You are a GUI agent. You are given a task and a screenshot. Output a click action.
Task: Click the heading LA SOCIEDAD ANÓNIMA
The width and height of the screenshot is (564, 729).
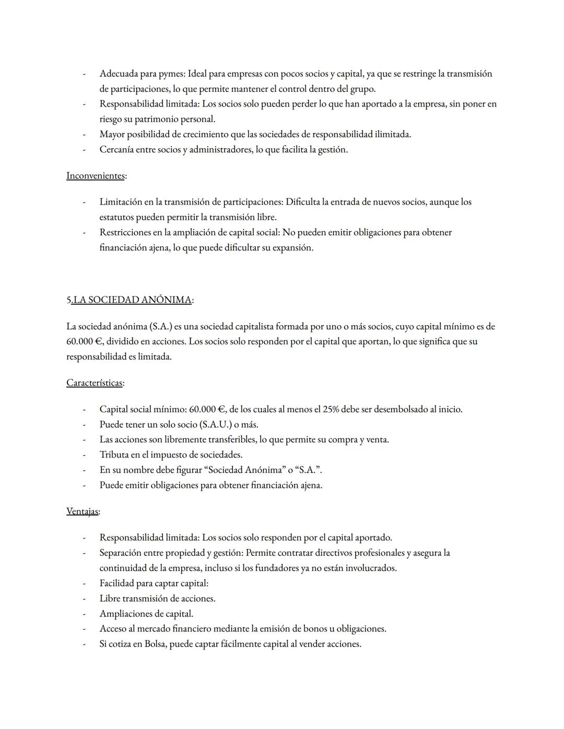coord(132,300)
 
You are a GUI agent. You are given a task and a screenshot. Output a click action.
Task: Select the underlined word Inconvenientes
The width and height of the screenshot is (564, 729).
coord(95,176)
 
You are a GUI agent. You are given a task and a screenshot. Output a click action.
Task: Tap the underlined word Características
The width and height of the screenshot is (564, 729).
coord(94,383)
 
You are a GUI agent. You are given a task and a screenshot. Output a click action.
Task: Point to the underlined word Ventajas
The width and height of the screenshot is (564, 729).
coord(82,511)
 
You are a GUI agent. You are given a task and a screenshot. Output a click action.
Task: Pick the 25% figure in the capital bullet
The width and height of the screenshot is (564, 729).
coord(331,409)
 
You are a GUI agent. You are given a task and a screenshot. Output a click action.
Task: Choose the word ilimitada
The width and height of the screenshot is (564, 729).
coord(392,135)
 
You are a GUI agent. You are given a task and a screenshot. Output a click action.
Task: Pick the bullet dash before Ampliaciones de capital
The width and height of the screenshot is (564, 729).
coord(83,614)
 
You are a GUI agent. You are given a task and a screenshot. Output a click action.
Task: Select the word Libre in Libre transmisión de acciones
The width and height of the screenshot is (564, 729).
coord(110,599)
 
